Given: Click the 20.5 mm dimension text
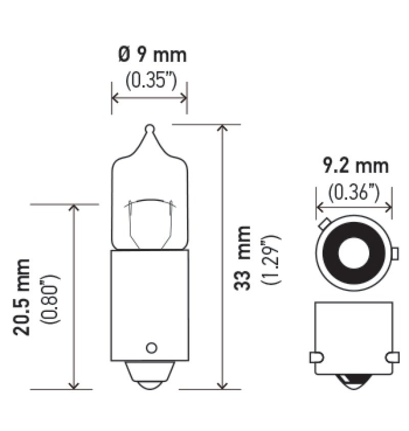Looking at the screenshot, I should click(22, 297).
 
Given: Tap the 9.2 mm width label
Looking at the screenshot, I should click(355, 166).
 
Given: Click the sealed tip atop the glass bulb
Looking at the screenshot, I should click(149, 129).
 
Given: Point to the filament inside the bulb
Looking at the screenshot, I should click(149, 202).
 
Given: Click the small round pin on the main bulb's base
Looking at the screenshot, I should click(150, 348).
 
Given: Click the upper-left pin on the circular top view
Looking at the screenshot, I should click(324, 224).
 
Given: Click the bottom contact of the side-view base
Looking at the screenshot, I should click(354, 381).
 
